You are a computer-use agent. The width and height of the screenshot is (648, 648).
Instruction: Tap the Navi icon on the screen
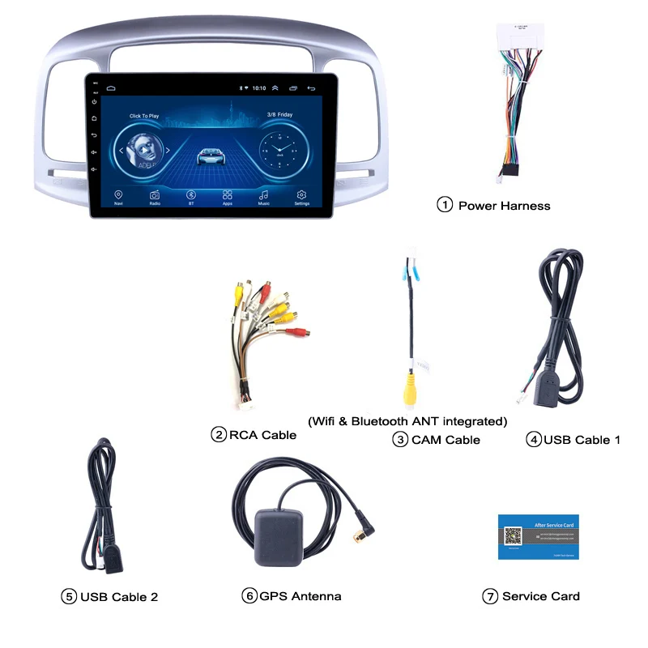[118, 195]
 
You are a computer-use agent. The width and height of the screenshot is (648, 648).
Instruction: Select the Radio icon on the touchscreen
[155, 195]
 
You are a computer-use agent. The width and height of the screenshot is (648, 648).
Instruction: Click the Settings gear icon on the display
[301, 195]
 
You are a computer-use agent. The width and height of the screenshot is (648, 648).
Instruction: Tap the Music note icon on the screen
[264, 195]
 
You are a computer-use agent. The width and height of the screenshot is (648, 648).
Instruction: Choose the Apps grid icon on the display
[228, 195]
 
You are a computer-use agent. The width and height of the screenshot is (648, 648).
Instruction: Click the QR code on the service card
[513, 536]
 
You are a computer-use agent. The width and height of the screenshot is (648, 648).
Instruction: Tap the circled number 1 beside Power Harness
[445, 205]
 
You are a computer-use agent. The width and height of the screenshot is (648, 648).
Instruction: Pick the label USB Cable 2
[118, 597]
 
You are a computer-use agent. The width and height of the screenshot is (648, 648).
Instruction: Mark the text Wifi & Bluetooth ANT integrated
[407, 421]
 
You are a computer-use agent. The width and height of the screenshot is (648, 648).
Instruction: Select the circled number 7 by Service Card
[489, 596]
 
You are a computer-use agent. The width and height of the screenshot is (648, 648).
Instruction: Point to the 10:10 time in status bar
[259, 87]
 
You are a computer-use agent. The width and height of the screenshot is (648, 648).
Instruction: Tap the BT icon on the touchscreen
[191, 195]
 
